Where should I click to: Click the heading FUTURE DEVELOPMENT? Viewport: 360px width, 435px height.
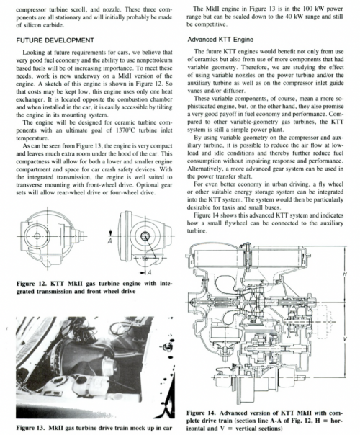click(x=55, y=40)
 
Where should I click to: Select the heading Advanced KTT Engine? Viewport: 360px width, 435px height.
click(x=220, y=40)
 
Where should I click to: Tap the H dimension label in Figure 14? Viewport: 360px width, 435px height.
click(x=345, y=274)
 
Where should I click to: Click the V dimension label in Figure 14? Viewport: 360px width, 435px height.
click(x=345, y=339)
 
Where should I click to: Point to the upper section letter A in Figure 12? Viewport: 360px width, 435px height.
click(x=110, y=241)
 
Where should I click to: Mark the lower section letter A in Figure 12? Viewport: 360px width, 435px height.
click(x=150, y=272)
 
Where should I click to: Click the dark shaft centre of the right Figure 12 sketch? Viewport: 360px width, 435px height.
click(x=145, y=236)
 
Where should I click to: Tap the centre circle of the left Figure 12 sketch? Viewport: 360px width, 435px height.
click(x=37, y=236)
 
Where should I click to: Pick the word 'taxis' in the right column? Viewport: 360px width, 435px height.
click(x=232, y=207)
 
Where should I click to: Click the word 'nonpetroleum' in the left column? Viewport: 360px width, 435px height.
click(x=155, y=60)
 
